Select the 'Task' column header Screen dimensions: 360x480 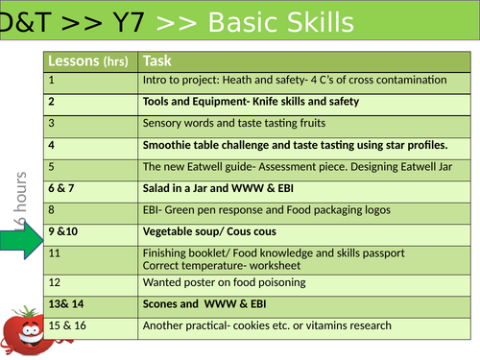[x=157, y=60]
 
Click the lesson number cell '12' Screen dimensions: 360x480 [x=55, y=282]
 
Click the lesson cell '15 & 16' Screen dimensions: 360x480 [x=68, y=325]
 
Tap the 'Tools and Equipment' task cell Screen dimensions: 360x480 [x=251, y=102]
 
